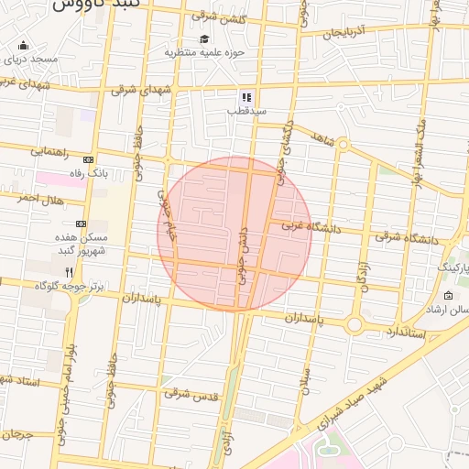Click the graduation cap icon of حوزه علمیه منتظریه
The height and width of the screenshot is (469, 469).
(x=204, y=38)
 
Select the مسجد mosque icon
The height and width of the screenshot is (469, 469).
(x=23, y=46)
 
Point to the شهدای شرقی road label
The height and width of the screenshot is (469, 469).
(x=142, y=91)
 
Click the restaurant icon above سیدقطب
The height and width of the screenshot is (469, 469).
(x=245, y=96)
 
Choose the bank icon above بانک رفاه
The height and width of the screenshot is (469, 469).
(x=88, y=159)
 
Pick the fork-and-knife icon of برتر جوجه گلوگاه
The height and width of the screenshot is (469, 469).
(x=70, y=272)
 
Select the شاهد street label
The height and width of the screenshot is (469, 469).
(x=320, y=137)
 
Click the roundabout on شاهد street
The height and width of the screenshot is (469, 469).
(x=342, y=144)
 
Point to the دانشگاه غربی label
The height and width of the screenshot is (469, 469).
(x=310, y=225)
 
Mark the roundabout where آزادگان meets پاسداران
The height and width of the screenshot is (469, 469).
(x=354, y=324)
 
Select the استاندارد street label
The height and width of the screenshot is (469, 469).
(x=400, y=330)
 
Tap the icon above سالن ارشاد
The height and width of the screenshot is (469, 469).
(x=447, y=296)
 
